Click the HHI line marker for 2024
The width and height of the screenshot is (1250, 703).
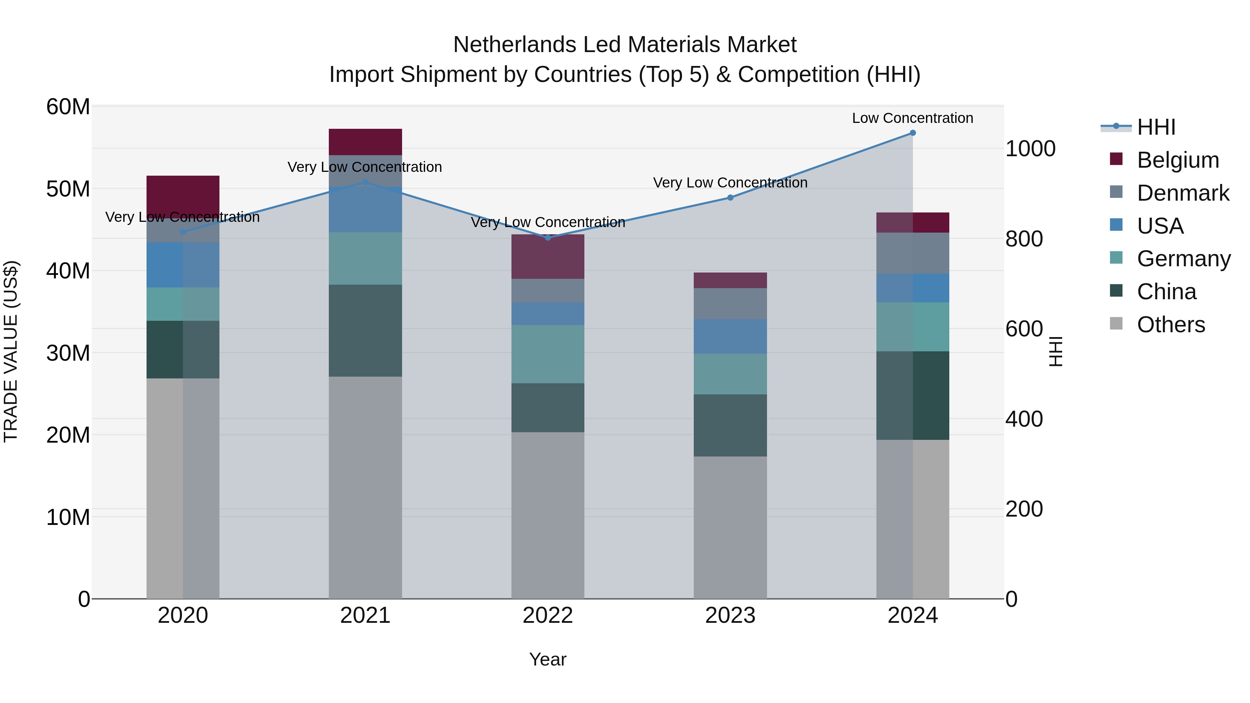pyautogui.click(x=912, y=133)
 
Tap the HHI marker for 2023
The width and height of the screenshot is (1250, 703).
pyautogui.click(x=730, y=198)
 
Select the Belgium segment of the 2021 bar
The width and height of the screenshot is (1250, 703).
pyautogui.click(x=365, y=142)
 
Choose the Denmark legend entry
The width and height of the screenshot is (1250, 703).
pyautogui.click(x=1183, y=193)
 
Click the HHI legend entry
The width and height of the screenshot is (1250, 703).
pyautogui.click(x=1156, y=127)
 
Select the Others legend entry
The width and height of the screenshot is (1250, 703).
pyautogui.click(x=1170, y=325)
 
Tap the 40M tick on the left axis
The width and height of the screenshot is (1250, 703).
pyautogui.click(x=68, y=271)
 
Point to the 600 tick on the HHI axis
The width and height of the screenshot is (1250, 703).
pyautogui.click(x=1024, y=329)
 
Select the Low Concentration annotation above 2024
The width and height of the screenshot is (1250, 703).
pyautogui.click(x=912, y=118)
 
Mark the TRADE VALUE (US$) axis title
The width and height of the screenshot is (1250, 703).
pyautogui.click(x=11, y=351)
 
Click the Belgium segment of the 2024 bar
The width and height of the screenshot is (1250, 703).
pyautogui.click(x=912, y=223)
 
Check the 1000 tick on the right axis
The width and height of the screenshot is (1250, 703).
pyautogui.click(x=1030, y=149)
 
